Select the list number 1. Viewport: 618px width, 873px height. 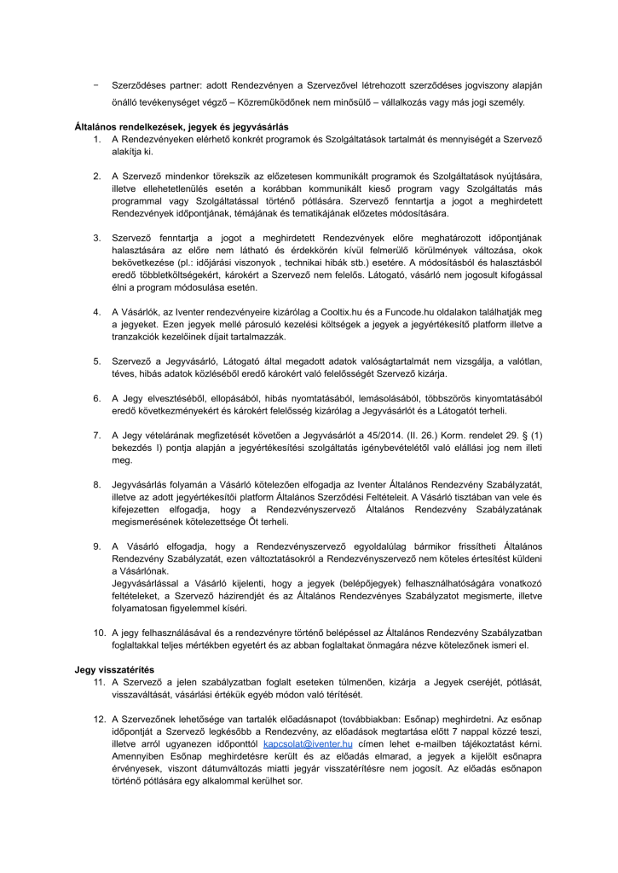(x=98, y=138)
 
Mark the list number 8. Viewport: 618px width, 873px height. (x=97, y=485)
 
